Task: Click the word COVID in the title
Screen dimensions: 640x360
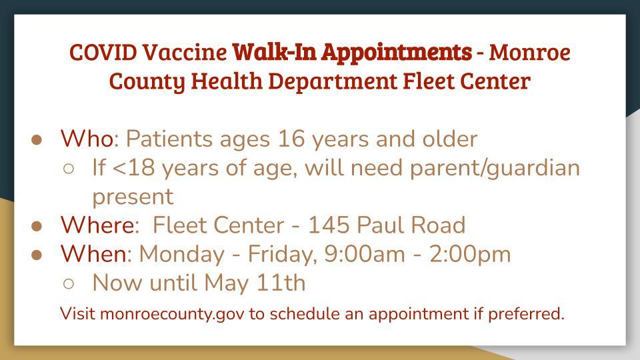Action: tap(103, 52)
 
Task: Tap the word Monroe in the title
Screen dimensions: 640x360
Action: tap(530, 52)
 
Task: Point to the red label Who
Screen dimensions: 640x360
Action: tap(87, 139)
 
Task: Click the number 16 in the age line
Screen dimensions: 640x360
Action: tap(291, 139)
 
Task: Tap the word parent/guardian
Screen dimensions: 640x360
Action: tap(495, 169)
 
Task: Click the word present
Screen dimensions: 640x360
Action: tap(133, 197)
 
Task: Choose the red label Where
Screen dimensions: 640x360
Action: tap(99, 225)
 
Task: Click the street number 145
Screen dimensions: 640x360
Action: tap(329, 225)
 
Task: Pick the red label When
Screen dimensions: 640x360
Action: tap(94, 254)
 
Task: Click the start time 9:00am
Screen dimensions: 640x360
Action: tap(365, 254)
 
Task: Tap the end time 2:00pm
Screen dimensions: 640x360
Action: tap(470, 255)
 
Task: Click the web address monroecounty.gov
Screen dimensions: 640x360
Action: tap(172, 314)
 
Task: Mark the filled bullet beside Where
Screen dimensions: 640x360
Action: tap(37, 226)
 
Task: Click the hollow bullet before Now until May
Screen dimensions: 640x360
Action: tap(69, 284)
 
